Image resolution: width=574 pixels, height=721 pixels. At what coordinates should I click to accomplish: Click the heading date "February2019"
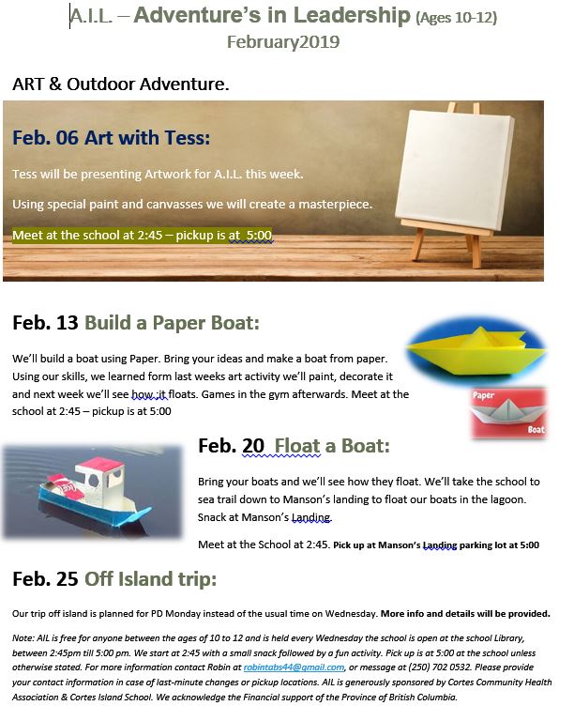(283, 42)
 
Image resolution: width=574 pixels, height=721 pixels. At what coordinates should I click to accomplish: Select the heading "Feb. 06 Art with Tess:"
(111, 138)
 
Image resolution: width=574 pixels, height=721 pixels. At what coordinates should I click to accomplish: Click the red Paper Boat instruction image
(508, 411)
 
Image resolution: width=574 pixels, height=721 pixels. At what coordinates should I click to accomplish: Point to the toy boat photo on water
(92, 484)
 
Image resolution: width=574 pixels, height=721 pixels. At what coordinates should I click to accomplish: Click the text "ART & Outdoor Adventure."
(121, 84)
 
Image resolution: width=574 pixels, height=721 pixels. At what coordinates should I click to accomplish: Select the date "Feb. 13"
(45, 323)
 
